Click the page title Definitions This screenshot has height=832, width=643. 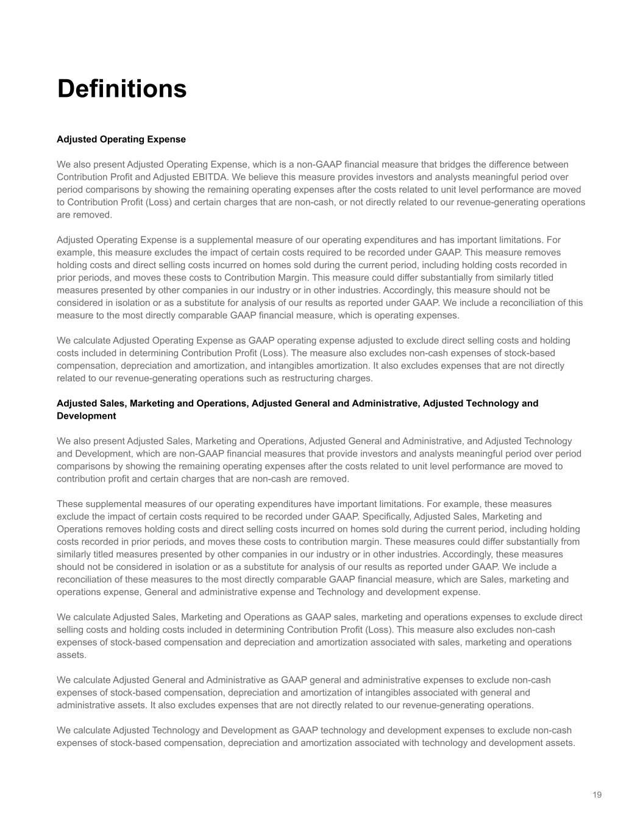point(122,88)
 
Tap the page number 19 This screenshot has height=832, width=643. point(597,795)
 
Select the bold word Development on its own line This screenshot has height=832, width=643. point(86,416)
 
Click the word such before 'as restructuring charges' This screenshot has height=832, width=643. point(258,379)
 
